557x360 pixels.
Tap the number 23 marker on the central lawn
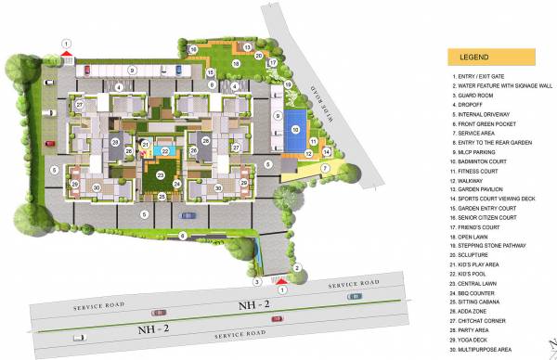click(161, 174)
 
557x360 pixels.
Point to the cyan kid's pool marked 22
click(165, 150)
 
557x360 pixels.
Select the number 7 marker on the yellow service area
click(326, 168)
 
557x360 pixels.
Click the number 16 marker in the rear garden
click(193, 48)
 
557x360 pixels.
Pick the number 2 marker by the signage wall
click(296, 269)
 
